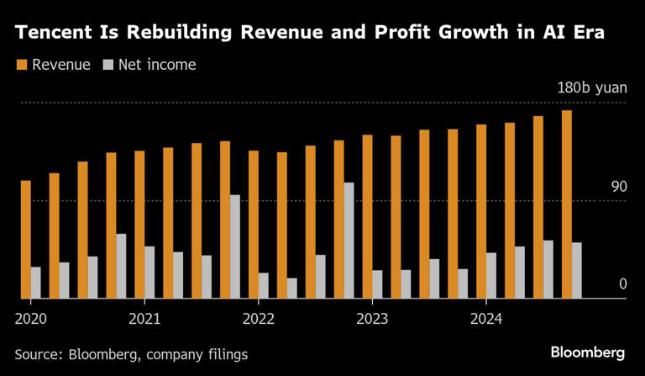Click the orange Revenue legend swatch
pyautogui.click(x=21, y=65)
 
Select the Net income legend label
pyautogui.click(x=157, y=65)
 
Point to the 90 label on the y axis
pyautogui.click(x=619, y=187)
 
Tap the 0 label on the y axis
pyautogui.click(x=623, y=284)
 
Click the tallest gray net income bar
pyautogui.click(x=349, y=240)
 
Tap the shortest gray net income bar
pyautogui.click(x=291, y=288)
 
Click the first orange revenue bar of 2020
pyautogui.click(x=26, y=239)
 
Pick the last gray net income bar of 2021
pyautogui.click(x=235, y=246)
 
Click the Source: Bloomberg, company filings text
pyautogui.click(x=131, y=354)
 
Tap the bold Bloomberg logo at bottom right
pyautogui.click(x=587, y=352)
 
